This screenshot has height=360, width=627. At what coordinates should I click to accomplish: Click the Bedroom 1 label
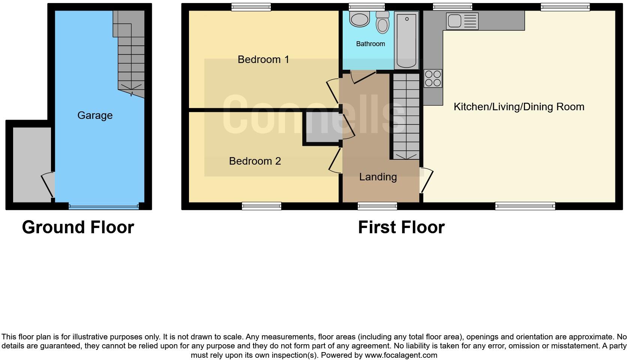[263, 60]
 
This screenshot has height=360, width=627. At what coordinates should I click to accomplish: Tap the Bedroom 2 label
[255, 161]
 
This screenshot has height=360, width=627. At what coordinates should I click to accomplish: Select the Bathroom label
[370, 44]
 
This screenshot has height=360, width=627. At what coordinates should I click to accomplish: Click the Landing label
[378, 177]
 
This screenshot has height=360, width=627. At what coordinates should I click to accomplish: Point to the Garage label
[95, 115]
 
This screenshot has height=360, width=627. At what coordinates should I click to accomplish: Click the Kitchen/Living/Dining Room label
[519, 107]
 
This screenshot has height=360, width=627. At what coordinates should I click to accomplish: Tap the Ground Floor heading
[78, 227]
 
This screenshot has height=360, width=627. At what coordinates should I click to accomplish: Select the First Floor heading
[401, 227]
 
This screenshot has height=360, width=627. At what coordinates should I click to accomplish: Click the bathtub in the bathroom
[406, 40]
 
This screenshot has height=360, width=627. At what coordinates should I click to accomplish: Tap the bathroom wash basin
[359, 19]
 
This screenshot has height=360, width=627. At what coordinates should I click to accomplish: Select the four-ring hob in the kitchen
[433, 78]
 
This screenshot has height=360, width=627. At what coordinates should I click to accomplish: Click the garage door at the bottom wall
[103, 206]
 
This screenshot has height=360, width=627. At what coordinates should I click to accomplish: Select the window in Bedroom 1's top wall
[251, 7]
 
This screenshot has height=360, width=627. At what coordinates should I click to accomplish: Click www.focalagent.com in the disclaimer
[401, 355]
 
